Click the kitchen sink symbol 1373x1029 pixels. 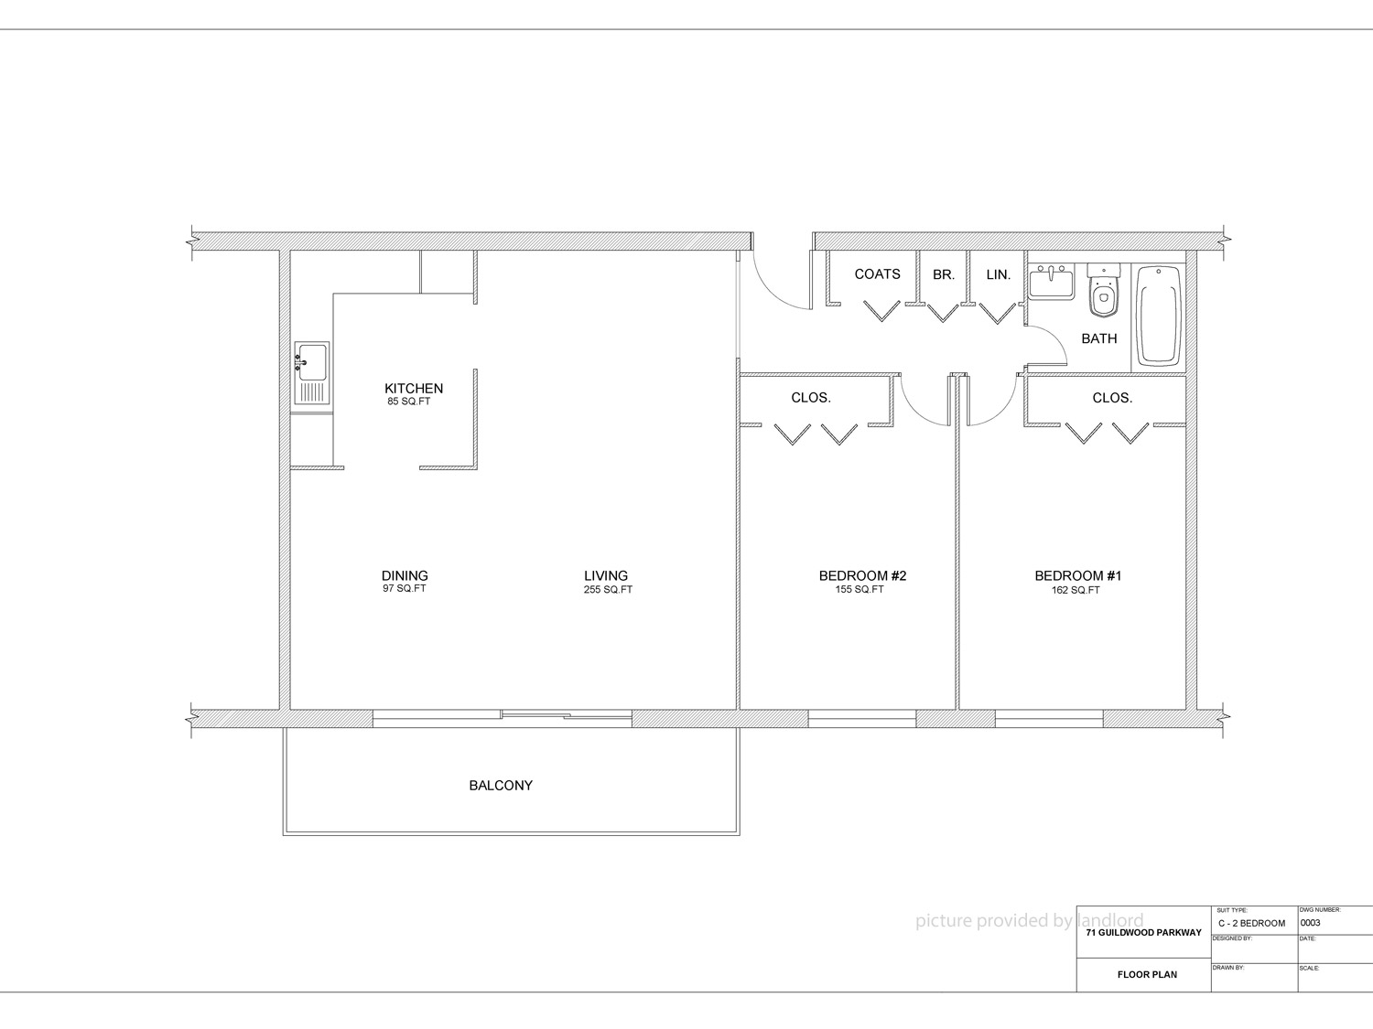point(311,373)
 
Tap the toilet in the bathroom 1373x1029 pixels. point(1103,291)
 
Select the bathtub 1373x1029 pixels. point(1159,316)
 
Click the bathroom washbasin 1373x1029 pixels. point(1052,282)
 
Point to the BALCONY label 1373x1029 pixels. point(501,786)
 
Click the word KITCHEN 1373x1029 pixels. point(414,389)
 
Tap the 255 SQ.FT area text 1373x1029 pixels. point(608,589)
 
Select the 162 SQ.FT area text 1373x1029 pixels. point(1076,590)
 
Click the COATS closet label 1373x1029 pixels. point(878,273)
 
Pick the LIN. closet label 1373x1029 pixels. point(999,274)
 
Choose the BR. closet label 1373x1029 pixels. point(944,274)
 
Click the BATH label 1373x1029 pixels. point(1099,338)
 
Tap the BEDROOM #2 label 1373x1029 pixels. point(862,575)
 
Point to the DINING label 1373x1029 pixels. point(405,575)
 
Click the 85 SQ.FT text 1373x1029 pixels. point(408,402)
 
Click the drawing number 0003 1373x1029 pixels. point(1311,923)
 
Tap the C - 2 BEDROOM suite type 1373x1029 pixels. point(1251,924)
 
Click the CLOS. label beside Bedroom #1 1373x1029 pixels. point(1112,398)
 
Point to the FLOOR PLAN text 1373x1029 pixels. point(1147,974)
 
